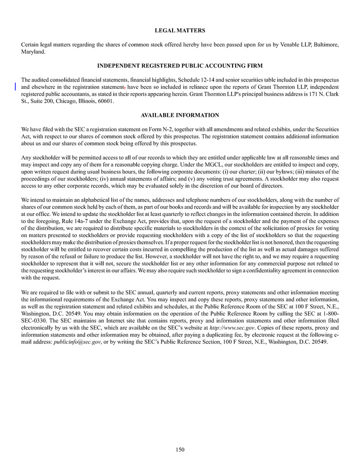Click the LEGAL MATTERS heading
point(180,31)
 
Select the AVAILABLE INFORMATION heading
point(180,115)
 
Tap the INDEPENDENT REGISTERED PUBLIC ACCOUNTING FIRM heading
point(180,66)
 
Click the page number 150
point(180,449)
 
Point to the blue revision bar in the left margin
point(15,87)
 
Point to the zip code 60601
point(105,101)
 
